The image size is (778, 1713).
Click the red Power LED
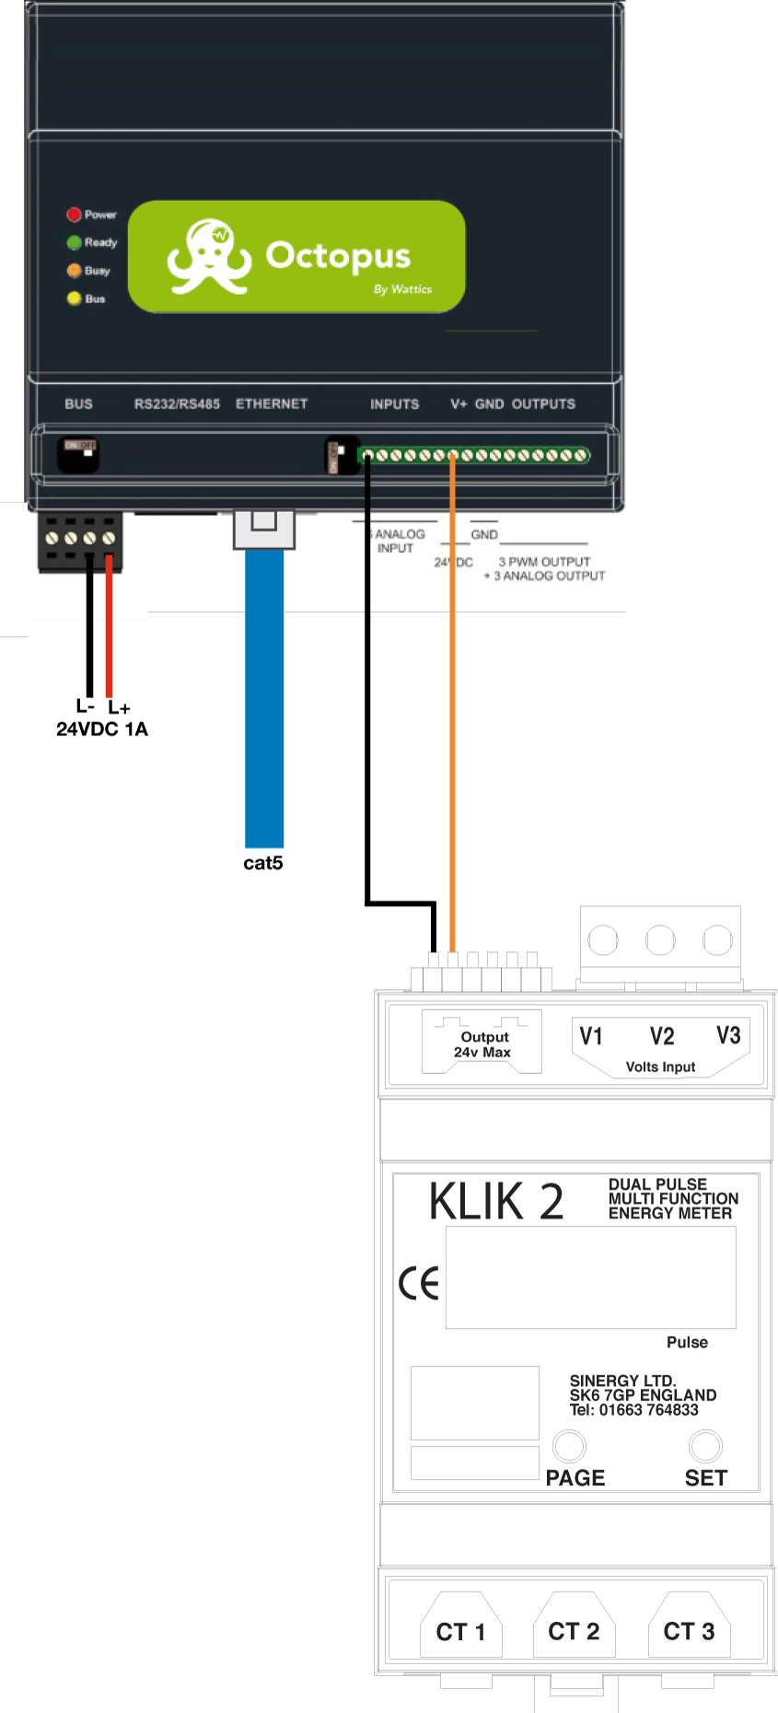pos(74,215)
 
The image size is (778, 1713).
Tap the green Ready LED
pos(74,242)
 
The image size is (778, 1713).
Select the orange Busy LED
pos(74,271)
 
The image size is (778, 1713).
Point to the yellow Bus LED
pos(74,298)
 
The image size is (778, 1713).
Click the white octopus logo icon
pos(209,257)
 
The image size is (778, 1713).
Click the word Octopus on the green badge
pos(338,255)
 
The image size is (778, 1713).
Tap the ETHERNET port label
pos(272,403)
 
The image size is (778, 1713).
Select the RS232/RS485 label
pos(177,403)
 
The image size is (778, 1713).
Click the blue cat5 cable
pos(264,700)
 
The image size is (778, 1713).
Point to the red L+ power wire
pos(109,626)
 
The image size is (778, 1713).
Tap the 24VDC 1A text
pos(102,728)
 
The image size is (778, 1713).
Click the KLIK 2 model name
pos(496,1202)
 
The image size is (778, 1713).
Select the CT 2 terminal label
pos(574,1631)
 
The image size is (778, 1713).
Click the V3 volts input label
pos(728,1036)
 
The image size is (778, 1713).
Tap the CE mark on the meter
pos(419,1283)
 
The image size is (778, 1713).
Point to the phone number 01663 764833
pos(648,1409)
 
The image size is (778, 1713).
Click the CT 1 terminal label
pos(460,1632)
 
